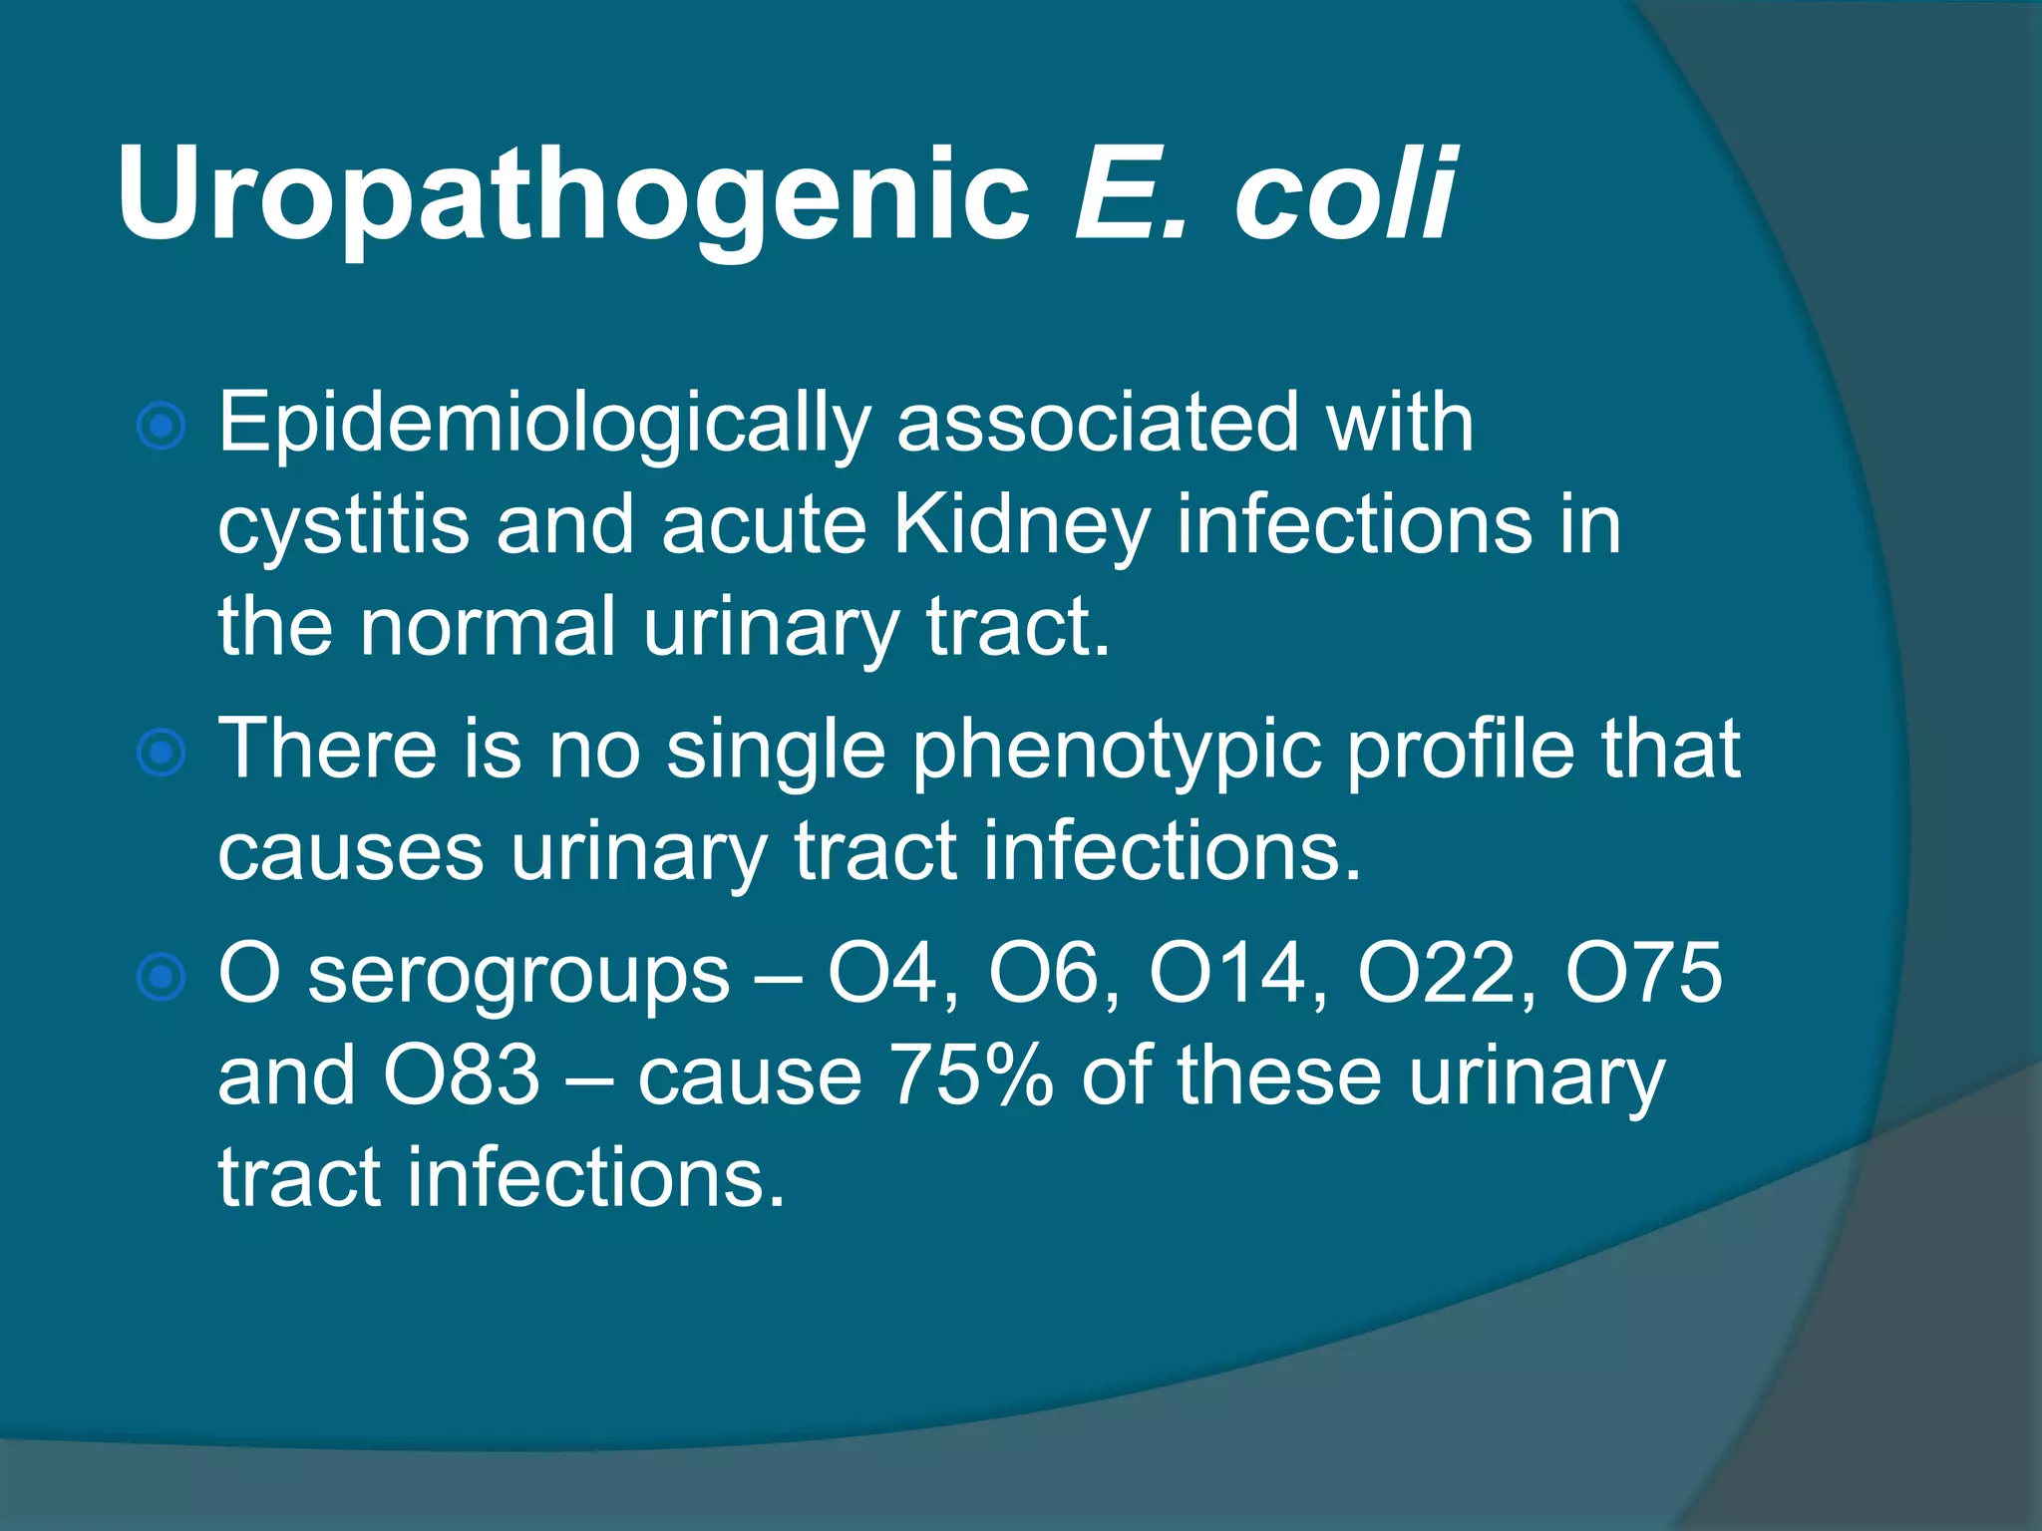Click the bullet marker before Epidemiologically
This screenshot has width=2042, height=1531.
click(161, 428)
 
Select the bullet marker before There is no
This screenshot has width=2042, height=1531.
click(161, 753)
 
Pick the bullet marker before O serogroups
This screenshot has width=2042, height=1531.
click(161, 977)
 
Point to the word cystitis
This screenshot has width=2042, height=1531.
click(343, 525)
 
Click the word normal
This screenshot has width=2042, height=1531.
click(488, 627)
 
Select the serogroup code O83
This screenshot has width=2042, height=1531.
click(462, 1076)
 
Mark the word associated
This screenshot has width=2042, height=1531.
click(1098, 424)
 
